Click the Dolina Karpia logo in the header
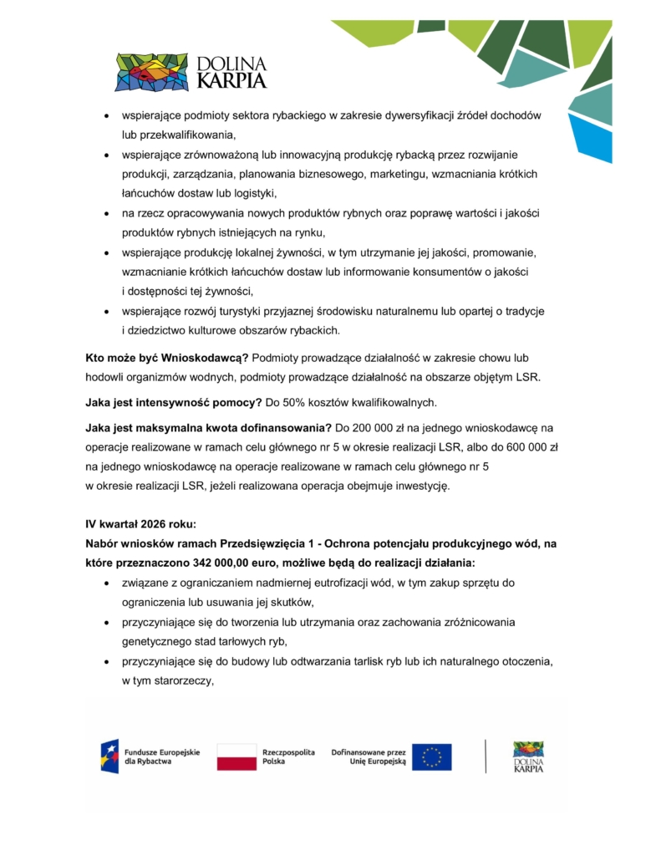[x=191, y=72]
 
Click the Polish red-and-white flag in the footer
[x=236, y=757]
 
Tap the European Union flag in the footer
[x=431, y=757]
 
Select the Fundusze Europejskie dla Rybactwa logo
[x=150, y=757]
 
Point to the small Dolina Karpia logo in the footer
[x=528, y=757]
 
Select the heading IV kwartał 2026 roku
[x=140, y=524]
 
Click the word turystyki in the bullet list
[x=249, y=311]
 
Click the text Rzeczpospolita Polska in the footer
[x=288, y=757]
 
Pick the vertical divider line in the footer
[x=486, y=756]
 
